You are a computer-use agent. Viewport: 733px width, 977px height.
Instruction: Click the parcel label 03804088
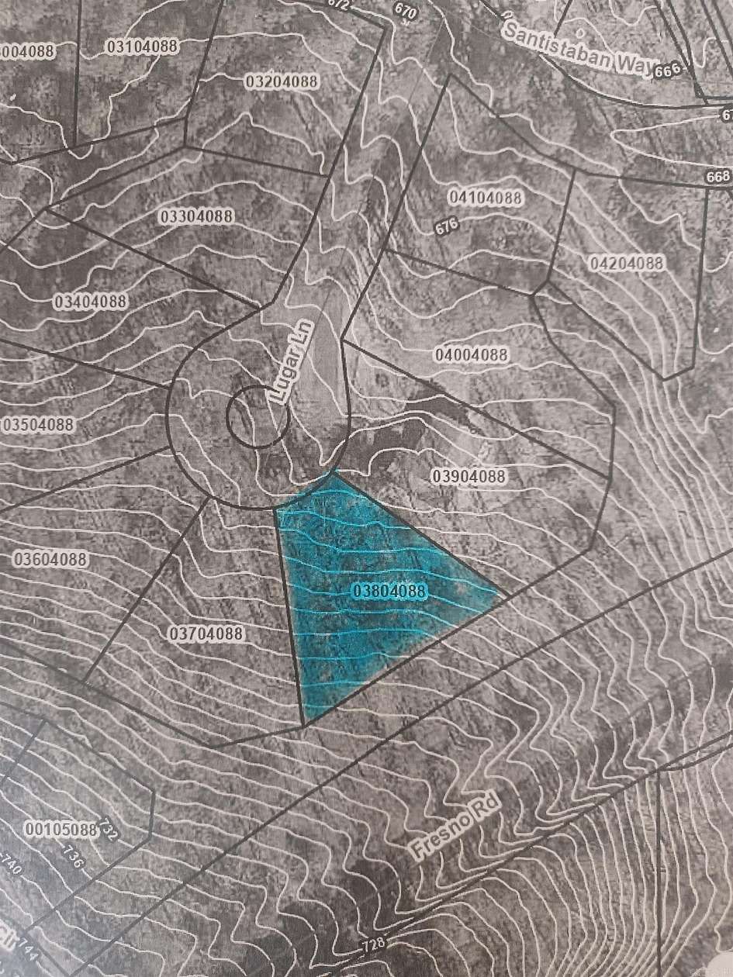coord(390,591)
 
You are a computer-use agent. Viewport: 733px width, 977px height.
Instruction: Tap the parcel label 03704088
coord(206,633)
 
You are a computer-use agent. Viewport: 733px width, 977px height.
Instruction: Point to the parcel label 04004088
coord(472,354)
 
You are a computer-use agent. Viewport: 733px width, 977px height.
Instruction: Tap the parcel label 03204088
coord(282,81)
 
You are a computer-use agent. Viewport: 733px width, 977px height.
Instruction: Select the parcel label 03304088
coord(196,216)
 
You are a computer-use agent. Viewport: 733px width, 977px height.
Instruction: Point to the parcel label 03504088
coord(39,424)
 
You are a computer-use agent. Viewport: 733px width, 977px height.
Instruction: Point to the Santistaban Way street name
coord(579,50)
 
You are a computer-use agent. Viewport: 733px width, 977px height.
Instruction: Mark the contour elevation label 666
coord(666,71)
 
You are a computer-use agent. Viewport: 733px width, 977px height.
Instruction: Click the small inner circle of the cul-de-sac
coord(258,417)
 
